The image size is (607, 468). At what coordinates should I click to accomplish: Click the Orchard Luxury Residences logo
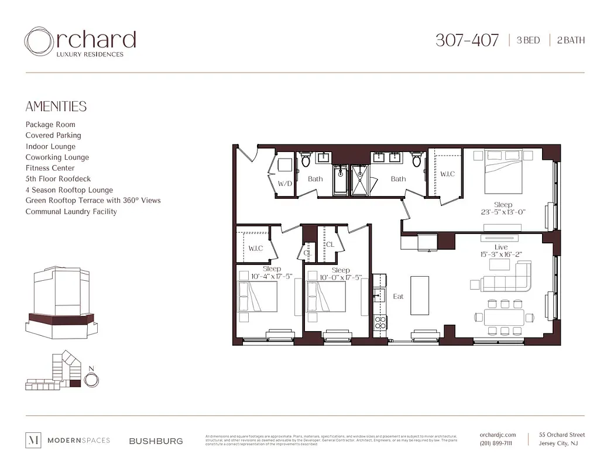point(80,42)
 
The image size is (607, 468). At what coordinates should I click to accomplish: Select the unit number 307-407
point(467,40)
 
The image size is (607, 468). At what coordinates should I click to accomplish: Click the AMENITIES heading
point(56,106)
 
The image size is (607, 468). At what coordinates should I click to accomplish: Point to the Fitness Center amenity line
point(50,168)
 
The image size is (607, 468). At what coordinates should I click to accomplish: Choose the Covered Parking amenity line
point(53,135)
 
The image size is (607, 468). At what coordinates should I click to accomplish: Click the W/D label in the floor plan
point(285,183)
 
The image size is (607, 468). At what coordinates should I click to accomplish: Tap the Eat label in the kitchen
point(398,297)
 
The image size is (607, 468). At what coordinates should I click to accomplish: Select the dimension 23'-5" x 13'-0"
point(503,212)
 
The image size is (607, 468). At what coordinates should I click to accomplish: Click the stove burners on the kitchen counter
point(379,321)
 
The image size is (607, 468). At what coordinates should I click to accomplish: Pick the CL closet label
point(330,245)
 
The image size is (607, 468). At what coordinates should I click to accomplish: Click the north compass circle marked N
point(91,379)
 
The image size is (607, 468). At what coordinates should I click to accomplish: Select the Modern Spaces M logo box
point(34,441)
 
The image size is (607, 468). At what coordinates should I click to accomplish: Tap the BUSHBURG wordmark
point(156,441)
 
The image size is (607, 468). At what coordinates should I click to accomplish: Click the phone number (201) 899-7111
point(495,443)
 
